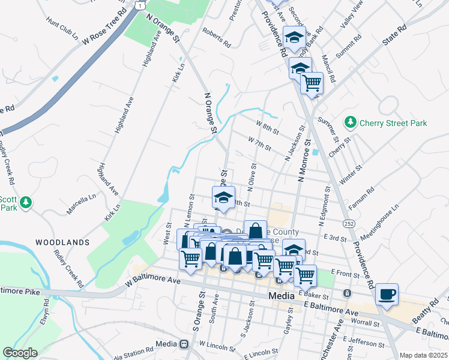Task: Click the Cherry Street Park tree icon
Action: click(351, 122)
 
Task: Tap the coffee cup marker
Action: click(387, 295)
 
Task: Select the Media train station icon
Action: click(184, 344)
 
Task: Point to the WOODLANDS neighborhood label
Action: click(62, 242)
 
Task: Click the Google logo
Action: click(20, 352)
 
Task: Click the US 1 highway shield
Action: click(139, 4)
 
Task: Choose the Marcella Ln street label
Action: click(81, 204)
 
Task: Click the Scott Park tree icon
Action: click(25, 203)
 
